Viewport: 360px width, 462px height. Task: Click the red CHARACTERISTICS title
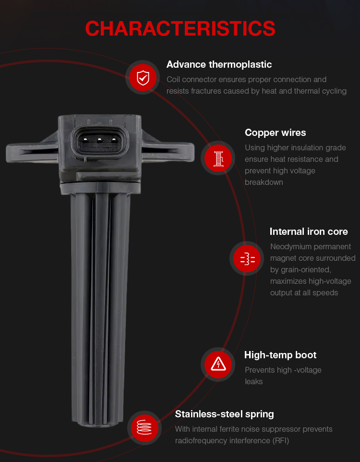pos(180,29)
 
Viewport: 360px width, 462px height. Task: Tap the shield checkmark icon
pos(143,77)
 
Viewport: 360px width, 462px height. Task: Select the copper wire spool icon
pos(218,158)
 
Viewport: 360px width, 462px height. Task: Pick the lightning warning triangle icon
pos(218,365)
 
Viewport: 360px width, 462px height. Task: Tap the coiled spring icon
pos(144,428)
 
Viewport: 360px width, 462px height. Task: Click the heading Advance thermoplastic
pos(219,64)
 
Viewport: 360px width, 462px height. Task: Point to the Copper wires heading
pos(276,133)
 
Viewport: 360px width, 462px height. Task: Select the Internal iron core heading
pos(309,231)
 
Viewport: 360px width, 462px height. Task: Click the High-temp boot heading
pos(280,355)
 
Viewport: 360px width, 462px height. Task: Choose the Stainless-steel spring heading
pos(225,414)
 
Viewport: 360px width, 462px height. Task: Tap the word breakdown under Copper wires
pos(264,182)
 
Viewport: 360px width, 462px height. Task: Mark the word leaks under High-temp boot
pos(253,381)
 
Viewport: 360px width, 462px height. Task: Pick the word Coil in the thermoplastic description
pos(173,79)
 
